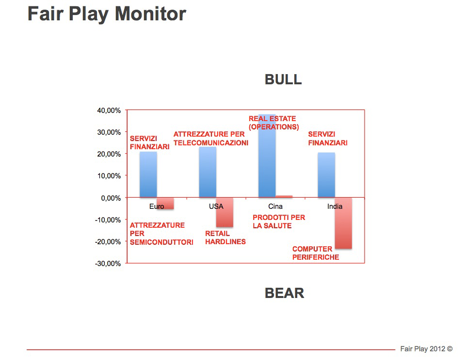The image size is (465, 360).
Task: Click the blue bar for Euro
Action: [148, 174]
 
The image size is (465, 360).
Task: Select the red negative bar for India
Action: [343, 223]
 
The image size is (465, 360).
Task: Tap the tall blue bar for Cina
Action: [267, 156]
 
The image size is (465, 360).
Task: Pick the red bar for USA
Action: [225, 212]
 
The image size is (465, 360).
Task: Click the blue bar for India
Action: [326, 175]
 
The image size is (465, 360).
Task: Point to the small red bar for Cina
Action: [284, 196]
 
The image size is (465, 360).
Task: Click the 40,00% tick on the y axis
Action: [109, 110]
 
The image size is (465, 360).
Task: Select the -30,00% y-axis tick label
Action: [108, 264]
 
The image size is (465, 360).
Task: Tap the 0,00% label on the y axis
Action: [111, 198]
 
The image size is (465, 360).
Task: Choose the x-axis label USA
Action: [216, 206]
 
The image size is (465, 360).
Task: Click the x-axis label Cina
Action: [275, 206]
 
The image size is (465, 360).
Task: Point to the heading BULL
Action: [283, 79]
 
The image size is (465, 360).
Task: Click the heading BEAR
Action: [285, 293]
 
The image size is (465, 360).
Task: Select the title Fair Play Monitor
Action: [107, 14]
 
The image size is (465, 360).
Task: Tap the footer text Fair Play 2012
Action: [423, 349]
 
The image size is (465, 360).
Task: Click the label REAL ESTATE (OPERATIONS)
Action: [274, 123]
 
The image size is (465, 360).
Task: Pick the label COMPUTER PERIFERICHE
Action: [316, 253]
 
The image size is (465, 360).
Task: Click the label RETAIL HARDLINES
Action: [225, 237]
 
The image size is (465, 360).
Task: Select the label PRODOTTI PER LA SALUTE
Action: [279, 221]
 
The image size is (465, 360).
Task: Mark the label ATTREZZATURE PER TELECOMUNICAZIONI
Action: [211, 139]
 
